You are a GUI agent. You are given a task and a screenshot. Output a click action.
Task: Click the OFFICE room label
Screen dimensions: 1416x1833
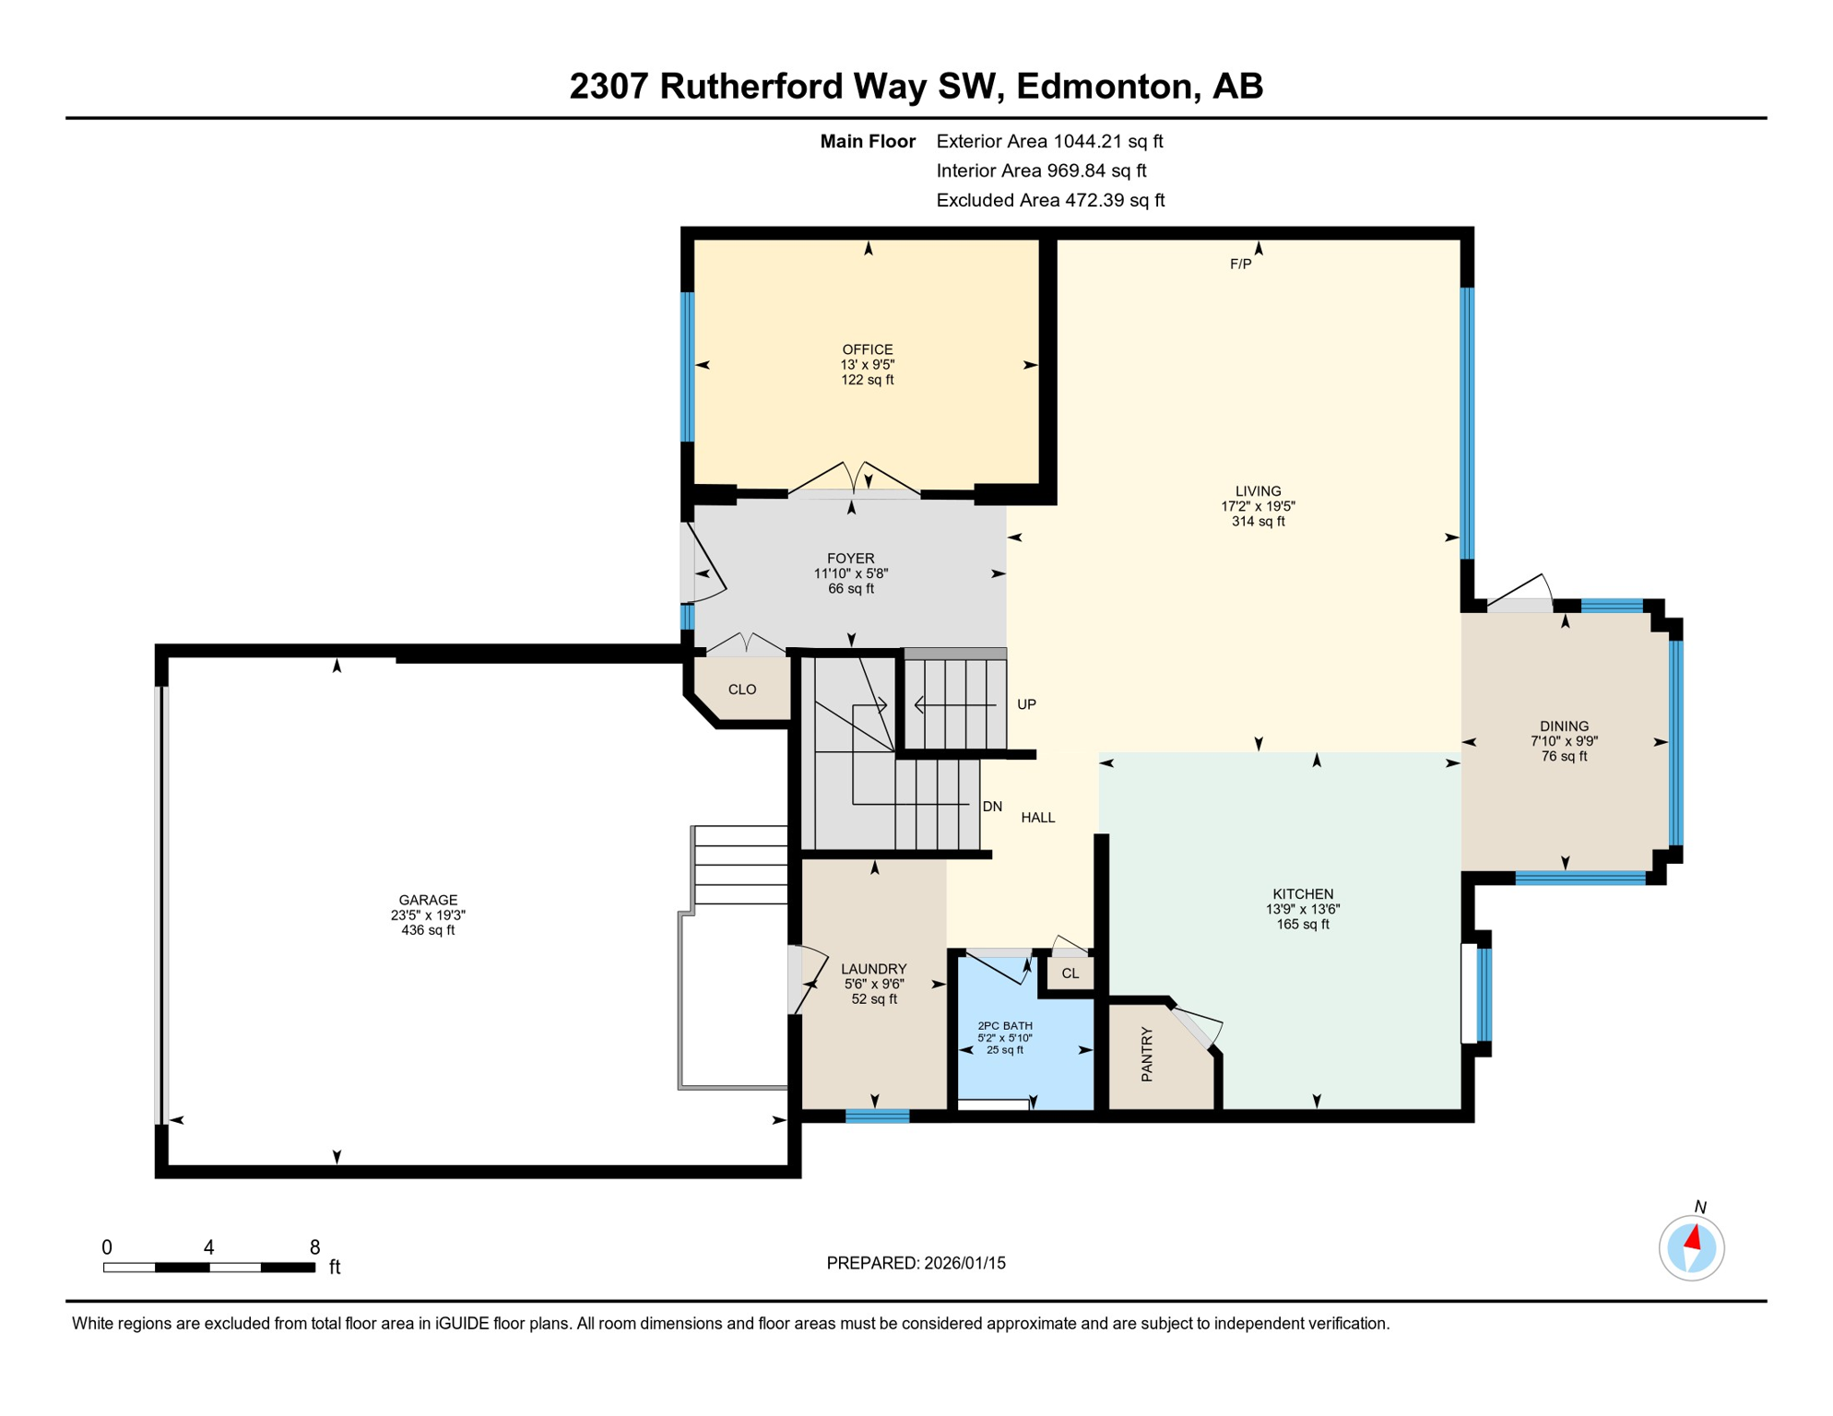point(867,349)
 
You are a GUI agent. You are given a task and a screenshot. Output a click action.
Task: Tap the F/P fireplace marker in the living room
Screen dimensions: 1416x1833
point(1240,265)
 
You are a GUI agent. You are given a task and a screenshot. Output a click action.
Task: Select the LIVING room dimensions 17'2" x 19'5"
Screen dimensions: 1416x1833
point(1258,506)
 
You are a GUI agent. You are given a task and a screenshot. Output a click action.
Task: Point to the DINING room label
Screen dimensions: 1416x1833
point(1564,726)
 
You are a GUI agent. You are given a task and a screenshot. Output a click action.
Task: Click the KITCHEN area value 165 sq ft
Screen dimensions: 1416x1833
point(1302,925)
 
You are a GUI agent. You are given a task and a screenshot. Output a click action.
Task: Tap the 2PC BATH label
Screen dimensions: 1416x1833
point(1005,1026)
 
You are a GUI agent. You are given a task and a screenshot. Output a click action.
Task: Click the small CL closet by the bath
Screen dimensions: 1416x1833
point(1070,973)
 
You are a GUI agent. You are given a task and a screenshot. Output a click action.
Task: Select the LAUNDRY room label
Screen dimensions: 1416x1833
point(873,969)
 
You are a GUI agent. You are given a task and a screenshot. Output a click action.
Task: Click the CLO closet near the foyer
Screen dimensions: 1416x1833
point(742,690)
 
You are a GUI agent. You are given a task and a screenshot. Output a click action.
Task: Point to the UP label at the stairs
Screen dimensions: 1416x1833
point(1026,704)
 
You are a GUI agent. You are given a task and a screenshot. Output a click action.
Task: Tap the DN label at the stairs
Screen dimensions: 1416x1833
point(992,807)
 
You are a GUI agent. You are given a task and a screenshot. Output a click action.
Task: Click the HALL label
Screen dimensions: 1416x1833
point(1037,818)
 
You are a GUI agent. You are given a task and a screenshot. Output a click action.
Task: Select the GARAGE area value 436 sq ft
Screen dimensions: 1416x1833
point(428,931)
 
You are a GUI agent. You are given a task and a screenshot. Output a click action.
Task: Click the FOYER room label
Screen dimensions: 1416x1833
point(850,559)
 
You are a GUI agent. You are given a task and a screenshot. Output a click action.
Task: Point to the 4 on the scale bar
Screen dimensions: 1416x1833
point(209,1247)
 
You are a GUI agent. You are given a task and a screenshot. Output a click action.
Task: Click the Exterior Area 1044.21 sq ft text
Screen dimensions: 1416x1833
point(1049,141)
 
